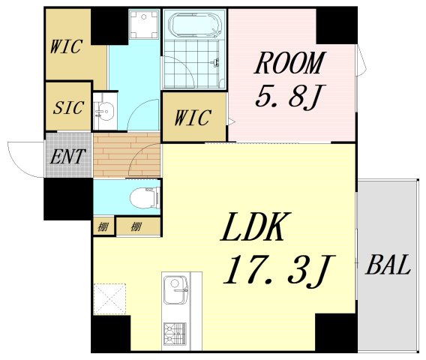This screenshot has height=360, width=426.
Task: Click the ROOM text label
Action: (290, 64)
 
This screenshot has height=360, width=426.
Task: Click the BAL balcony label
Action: (388, 265)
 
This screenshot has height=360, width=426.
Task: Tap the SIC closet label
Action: (68, 106)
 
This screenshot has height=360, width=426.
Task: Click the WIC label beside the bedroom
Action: (192, 118)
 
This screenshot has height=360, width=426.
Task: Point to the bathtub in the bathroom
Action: (194, 26)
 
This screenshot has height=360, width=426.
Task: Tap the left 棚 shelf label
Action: (102, 226)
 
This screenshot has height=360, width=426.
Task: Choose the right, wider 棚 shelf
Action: (137, 226)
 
